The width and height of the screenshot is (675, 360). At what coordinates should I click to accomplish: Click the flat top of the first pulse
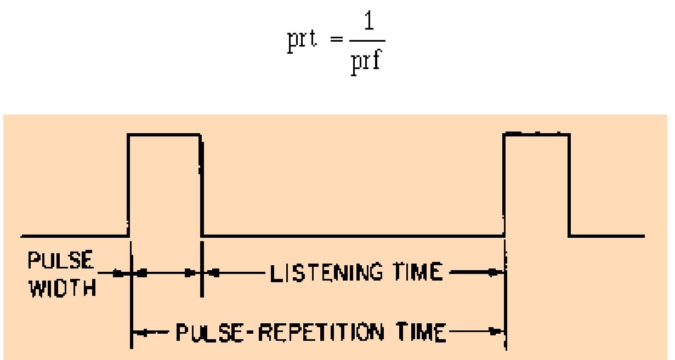(x=165, y=134)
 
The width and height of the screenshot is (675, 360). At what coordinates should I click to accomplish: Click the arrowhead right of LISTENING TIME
(x=498, y=272)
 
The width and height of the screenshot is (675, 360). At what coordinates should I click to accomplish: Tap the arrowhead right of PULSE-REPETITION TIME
(x=498, y=332)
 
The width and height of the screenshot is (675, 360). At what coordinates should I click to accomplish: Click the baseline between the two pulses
(x=351, y=236)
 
